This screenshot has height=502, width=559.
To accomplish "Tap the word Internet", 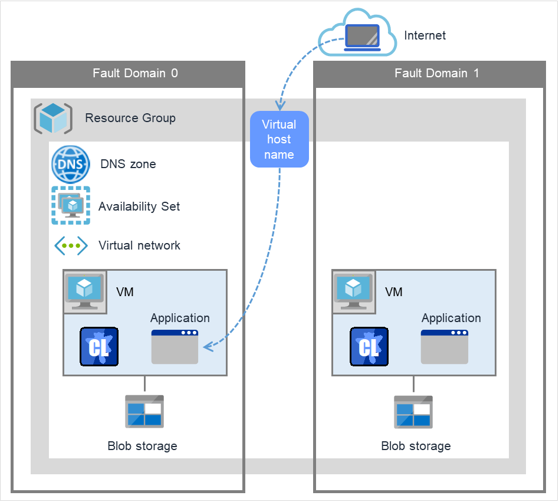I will (x=425, y=35).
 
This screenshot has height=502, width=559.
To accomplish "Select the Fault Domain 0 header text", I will (x=135, y=73).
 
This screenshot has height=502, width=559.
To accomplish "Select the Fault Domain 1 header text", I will (x=436, y=73).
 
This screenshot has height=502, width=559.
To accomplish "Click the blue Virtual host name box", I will (x=279, y=139).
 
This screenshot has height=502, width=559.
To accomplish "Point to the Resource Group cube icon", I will (x=53, y=118).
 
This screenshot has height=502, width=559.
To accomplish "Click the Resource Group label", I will (x=130, y=118).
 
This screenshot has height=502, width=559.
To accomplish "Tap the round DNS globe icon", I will (x=71, y=164).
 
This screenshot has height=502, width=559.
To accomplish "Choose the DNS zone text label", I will (x=128, y=164).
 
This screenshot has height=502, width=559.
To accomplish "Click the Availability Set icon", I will (x=71, y=205).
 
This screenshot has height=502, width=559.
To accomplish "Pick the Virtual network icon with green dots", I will (x=71, y=245).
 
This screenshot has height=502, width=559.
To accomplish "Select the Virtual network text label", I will (x=139, y=245).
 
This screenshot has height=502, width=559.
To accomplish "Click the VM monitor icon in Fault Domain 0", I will (x=85, y=291).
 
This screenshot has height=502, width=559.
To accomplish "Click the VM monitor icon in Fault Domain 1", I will (x=353, y=291).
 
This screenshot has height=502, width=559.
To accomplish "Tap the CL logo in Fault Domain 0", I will (x=98, y=346).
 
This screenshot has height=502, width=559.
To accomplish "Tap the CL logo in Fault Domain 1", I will (x=369, y=346).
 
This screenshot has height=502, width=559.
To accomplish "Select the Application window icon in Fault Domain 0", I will (x=175, y=347).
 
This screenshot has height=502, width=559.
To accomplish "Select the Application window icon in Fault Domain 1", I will (x=444, y=347).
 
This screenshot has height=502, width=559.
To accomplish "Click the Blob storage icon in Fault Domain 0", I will (x=144, y=411).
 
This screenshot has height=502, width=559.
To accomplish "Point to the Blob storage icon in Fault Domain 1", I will (x=413, y=411).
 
